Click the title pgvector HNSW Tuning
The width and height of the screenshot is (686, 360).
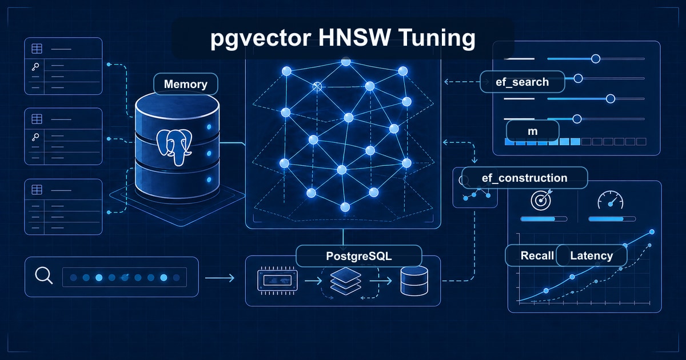pyautogui.click(x=343, y=39)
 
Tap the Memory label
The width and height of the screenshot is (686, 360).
pyautogui.click(x=185, y=84)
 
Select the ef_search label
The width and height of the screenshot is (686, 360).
pyautogui.click(x=522, y=82)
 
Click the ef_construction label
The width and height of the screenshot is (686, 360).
pyautogui.click(x=524, y=178)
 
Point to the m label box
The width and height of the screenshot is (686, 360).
pyautogui.click(x=532, y=131)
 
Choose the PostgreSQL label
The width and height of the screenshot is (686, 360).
pyautogui.click(x=358, y=256)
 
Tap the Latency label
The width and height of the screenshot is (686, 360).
pyautogui.click(x=591, y=255)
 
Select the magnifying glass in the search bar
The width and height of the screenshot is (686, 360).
pyautogui.click(x=43, y=276)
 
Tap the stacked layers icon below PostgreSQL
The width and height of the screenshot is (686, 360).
pyautogui.click(x=346, y=282)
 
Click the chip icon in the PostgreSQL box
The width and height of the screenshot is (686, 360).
pyautogui.click(x=278, y=280)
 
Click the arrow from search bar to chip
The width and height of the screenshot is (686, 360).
pyautogui.click(x=219, y=278)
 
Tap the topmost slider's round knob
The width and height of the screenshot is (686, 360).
pyautogui.click(x=595, y=58)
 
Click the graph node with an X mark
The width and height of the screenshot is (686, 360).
pyautogui.click(x=317, y=86)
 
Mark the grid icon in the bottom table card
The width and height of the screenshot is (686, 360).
pyautogui.click(x=36, y=190)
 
